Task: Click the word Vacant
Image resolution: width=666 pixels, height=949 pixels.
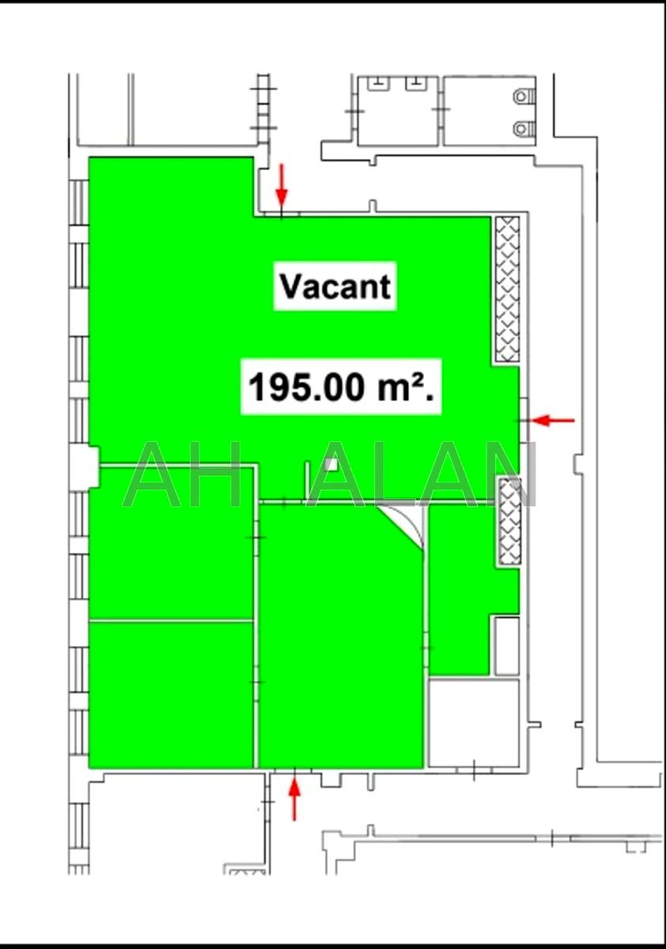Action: click(335, 287)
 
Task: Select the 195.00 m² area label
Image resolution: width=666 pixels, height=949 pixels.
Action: click(342, 387)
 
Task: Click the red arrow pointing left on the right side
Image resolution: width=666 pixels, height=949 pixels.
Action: click(554, 421)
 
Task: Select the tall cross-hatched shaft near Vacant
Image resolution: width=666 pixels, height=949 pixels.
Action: click(508, 289)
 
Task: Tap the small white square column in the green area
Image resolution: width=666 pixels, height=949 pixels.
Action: click(331, 465)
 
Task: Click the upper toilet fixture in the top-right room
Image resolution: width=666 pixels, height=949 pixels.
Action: click(524, 96)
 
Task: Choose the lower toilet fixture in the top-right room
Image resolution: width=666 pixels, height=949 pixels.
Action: click(524, 127)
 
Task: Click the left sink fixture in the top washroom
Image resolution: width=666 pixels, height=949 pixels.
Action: click(378, 84)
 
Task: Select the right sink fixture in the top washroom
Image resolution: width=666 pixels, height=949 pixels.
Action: click(415, 84)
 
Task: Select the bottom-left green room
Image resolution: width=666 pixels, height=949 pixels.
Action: click(171, 695)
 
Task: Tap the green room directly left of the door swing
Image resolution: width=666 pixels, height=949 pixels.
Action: click(341, 636)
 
